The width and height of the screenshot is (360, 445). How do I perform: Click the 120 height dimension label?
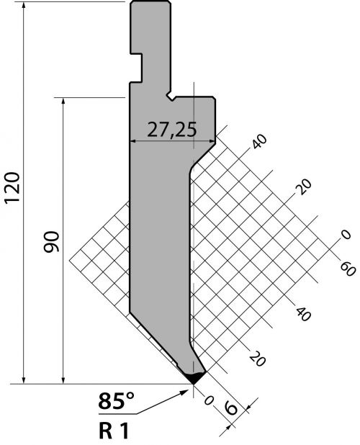(x=13, y=187)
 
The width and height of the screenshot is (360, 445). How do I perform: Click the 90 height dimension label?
(x=51, y=242)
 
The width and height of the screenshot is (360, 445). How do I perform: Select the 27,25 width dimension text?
(x=171, y=130)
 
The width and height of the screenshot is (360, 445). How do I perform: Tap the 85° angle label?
(x=116, y=401)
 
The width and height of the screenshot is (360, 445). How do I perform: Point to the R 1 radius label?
(x=114, y=431)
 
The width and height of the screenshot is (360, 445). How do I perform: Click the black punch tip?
(x=194, y=377)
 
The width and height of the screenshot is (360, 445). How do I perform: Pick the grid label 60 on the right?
(x=348, y=269)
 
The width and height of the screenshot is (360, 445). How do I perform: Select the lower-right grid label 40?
(x=304, y=314)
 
